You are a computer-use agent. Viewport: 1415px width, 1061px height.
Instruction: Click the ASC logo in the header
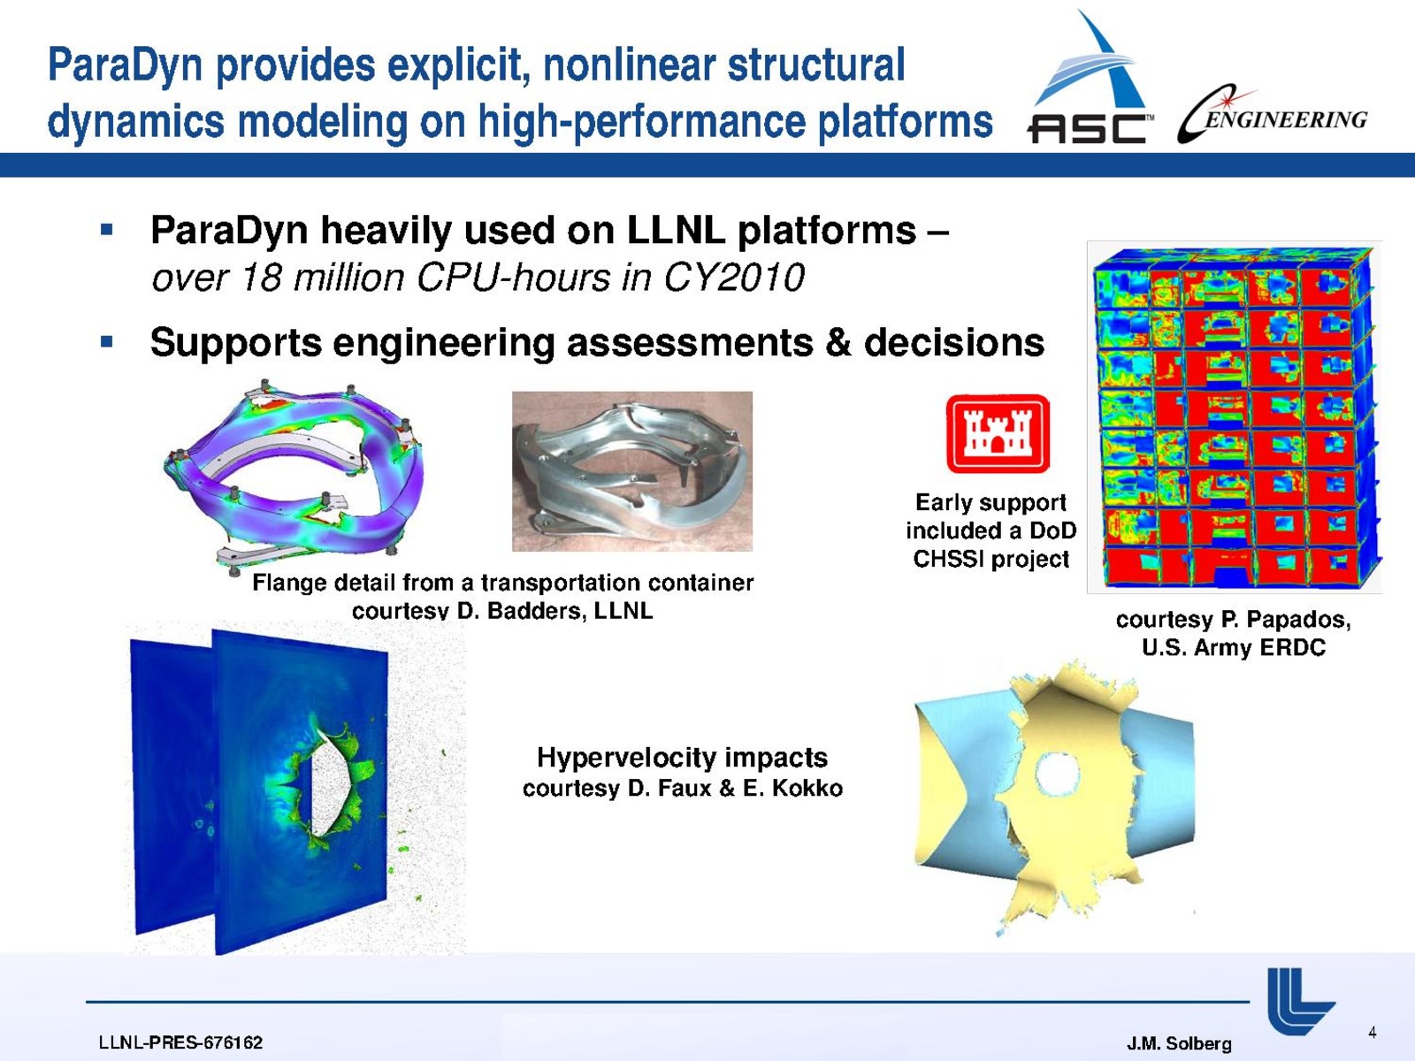click(x=1090, y=76)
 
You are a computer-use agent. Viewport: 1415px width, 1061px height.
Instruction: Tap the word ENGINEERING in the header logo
click(x=1285, y=119)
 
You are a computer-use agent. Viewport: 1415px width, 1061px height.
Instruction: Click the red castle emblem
click(x=998, y=433)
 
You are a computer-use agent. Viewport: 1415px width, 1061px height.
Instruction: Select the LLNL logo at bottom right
click(x=1300, y=1001)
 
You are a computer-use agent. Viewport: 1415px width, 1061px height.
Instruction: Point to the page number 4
click(x=1372, y=1033)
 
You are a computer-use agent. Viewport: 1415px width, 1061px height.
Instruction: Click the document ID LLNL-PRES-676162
click(x=180, y=1042)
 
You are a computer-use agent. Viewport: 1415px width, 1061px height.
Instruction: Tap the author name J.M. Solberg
click(x=1179, y=1043)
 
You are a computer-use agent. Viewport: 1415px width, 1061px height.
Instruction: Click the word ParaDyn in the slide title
click(x=126, y=65)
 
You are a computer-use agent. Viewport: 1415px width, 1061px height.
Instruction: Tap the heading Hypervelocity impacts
click(x=682, y=758)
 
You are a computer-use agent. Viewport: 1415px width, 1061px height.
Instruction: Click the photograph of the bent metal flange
click(x=631, y=471)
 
